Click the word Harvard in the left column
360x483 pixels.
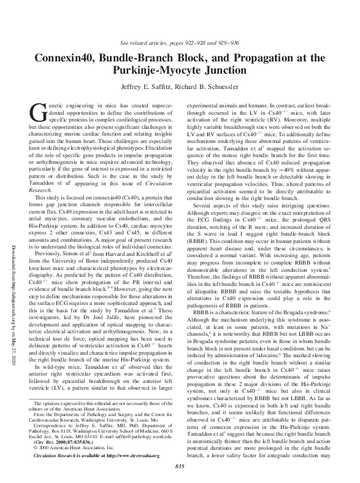(106, 252)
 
